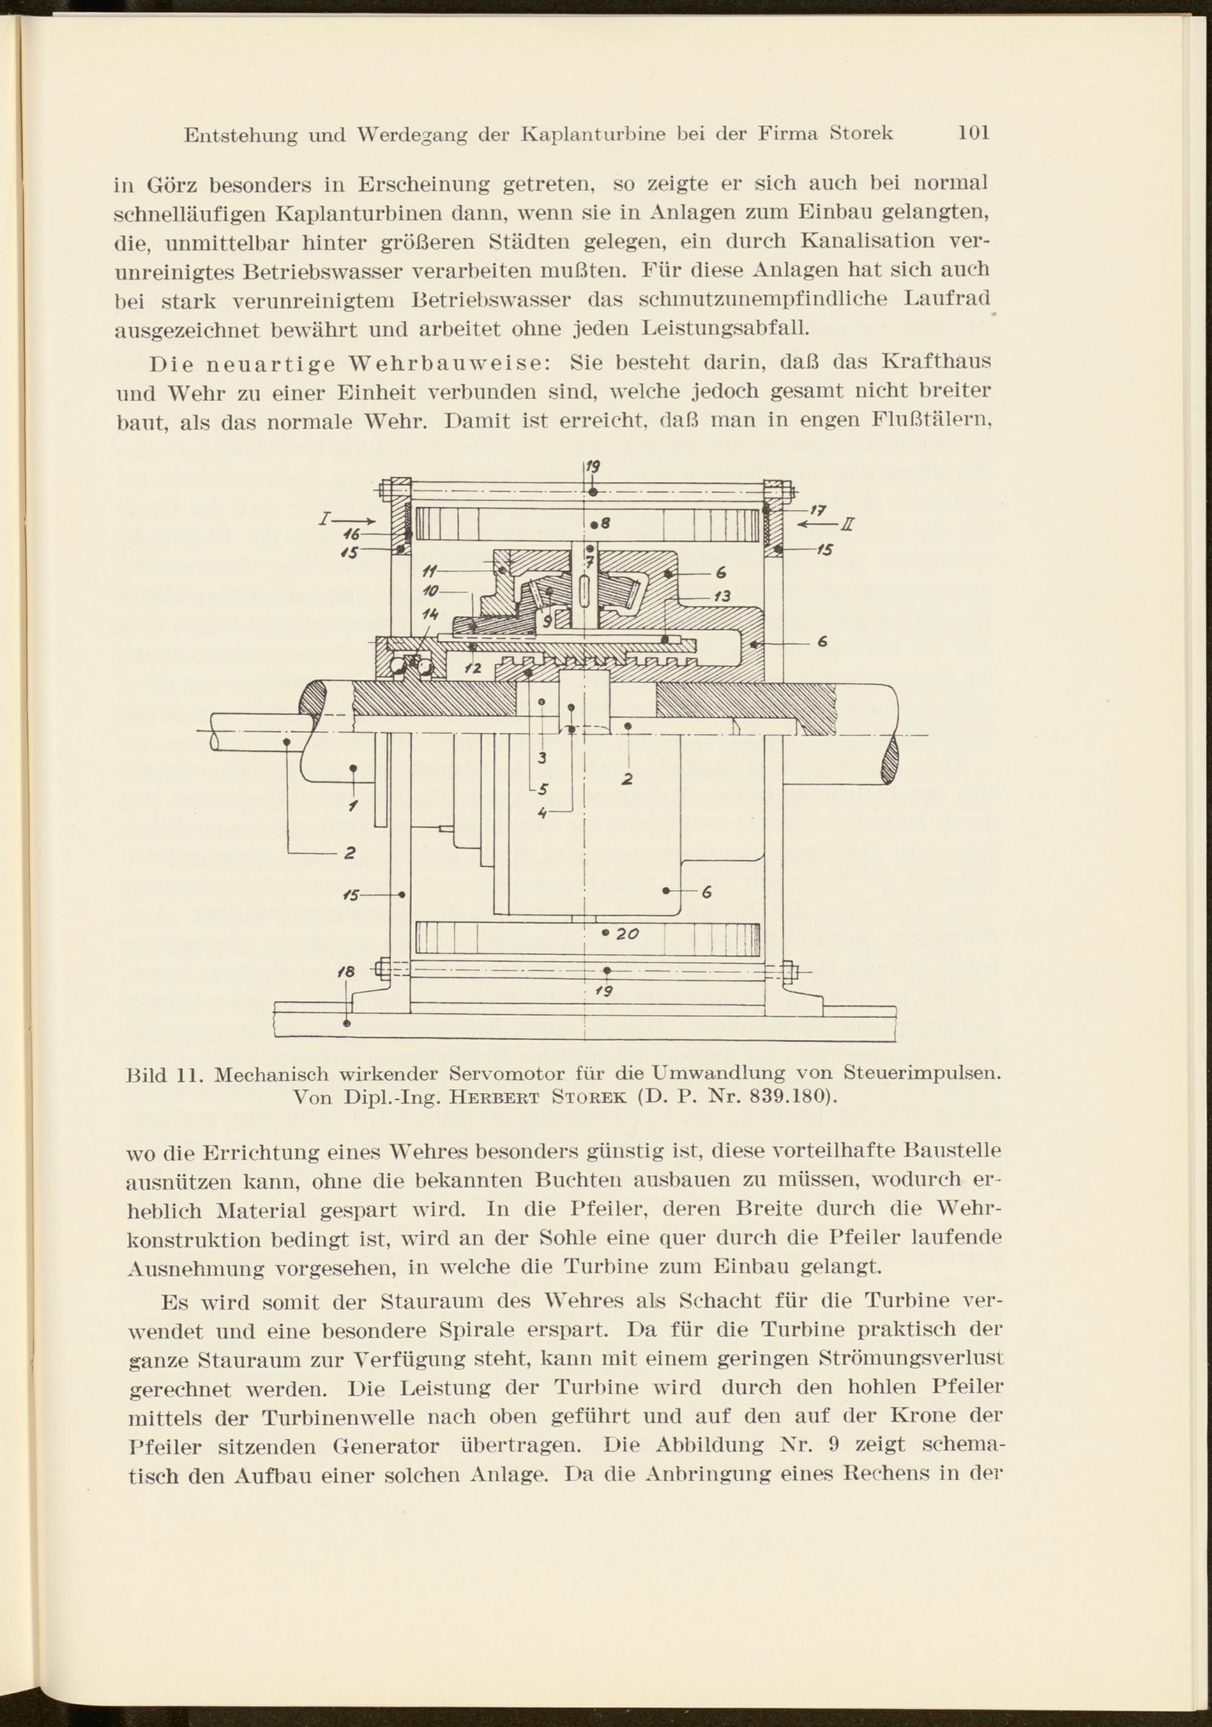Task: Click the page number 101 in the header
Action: [973, 133]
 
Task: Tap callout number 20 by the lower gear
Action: [627, 933]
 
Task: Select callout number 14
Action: [430, 614]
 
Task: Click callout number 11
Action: [430, 570]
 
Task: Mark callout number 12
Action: [473, 667]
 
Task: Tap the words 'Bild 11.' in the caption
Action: [162, 1073]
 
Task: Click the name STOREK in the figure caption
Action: [591, 1096]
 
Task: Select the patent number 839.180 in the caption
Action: [792, 1096]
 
